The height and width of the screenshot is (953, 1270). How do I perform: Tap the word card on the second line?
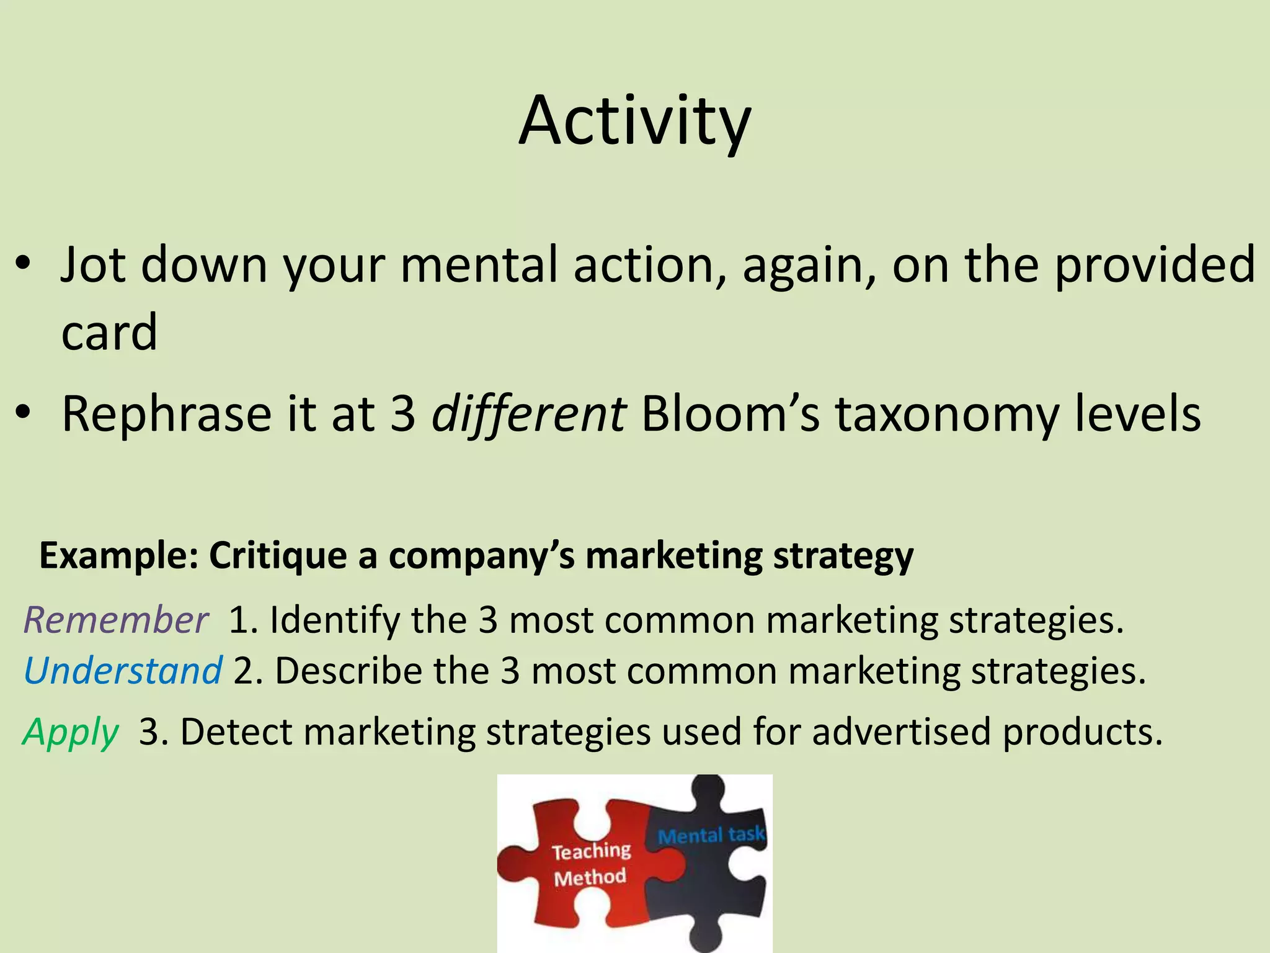109,332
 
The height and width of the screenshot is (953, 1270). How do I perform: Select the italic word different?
528,414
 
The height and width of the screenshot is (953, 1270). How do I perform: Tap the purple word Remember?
116,620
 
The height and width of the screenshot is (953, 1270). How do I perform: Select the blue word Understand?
123,671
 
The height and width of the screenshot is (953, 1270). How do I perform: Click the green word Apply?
71,733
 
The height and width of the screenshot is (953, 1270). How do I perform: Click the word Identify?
334,620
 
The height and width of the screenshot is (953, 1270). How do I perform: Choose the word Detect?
236,732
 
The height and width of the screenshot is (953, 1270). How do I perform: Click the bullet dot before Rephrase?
24,412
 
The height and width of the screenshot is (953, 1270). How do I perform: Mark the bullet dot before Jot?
24,263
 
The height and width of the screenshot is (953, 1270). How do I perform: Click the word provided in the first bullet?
1155,265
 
